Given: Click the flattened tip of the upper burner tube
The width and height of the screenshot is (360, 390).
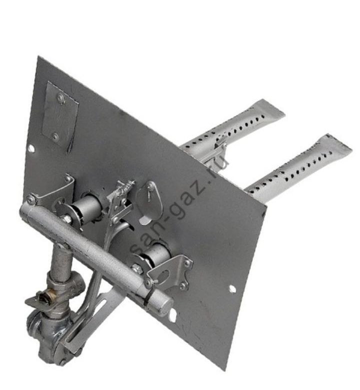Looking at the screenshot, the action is pyautogui.click(x=270, y=109).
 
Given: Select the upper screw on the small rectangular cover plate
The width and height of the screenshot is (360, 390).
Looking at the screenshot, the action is pyautogui.click(x=60, y=97).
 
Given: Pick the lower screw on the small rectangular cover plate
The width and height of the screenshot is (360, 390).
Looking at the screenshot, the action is pyautogui.click(x=55, y=136).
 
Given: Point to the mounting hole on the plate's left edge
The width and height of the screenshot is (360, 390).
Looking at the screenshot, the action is pyautogui.click(x=31, y=148).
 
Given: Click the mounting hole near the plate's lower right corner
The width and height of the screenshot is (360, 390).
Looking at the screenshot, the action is pyautogui.click(x=232, y=289).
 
